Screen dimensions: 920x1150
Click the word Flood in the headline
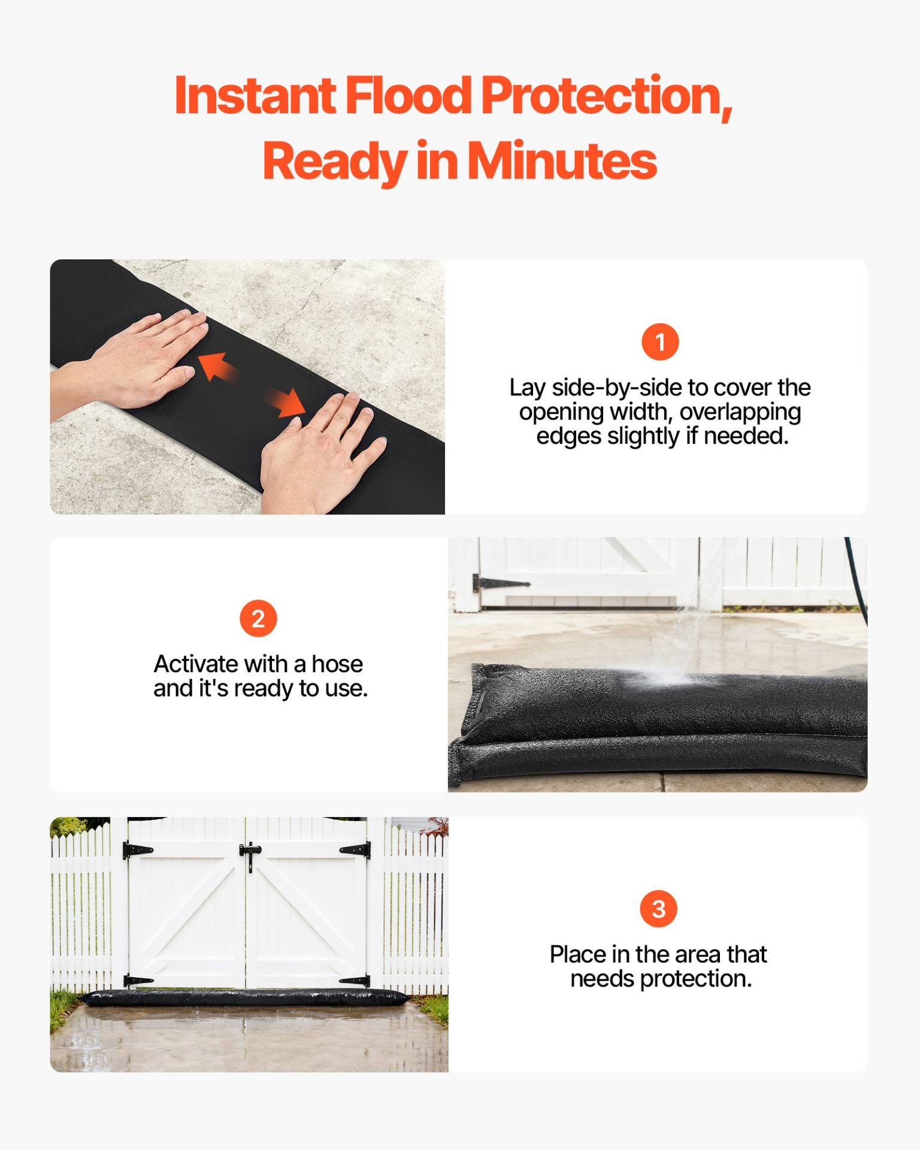[408, 95]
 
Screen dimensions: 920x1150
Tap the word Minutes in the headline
[562, 161]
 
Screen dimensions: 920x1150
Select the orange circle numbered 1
[659, 342]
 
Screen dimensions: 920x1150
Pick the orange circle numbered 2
[258, 619]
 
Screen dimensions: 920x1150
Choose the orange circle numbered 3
[658, 909]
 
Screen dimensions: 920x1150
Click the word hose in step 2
[337, 664]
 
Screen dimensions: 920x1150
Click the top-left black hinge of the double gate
[138, 849]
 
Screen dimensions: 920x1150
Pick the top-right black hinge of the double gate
[355, 849]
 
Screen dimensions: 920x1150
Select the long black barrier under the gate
[246, 998]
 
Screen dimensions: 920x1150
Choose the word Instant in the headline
[255, 95]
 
